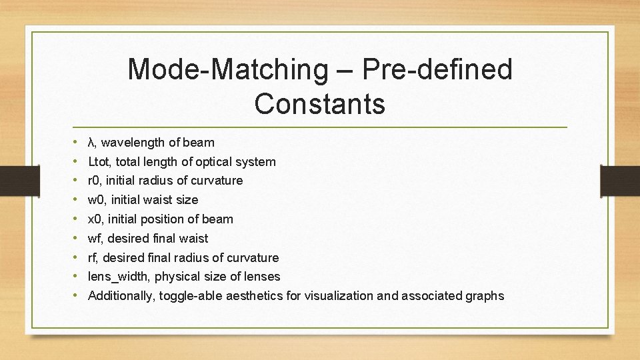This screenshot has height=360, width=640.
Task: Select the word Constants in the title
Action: click(319, 104)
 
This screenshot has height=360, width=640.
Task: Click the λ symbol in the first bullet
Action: click(92, 142)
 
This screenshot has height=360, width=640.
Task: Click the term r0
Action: click(95, 181)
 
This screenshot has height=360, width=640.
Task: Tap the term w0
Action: click(97, 200)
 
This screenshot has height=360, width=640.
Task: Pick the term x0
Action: click(95, 219)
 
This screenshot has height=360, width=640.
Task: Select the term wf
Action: click(95, 239)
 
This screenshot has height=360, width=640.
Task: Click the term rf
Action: click(93, 258)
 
